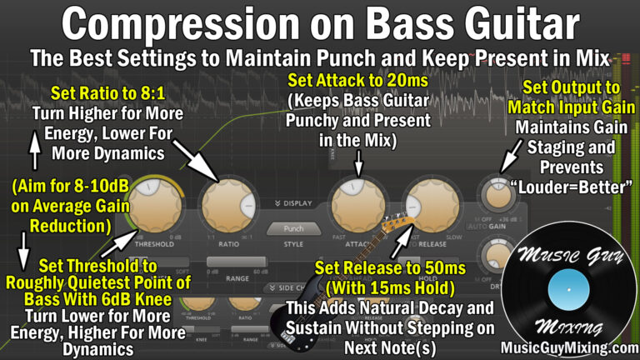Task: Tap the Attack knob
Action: click(x=358, y=207)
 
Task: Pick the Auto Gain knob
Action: click(x=497, y=197)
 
